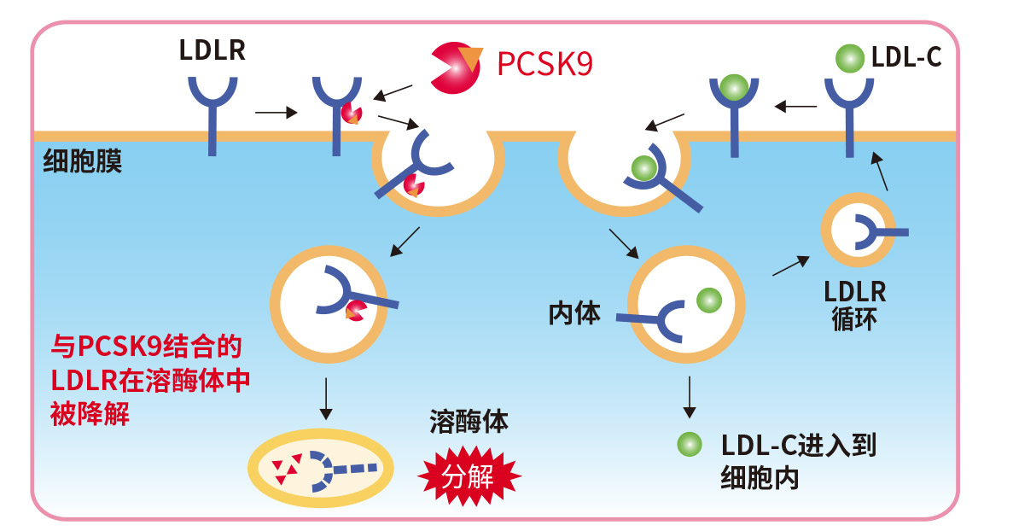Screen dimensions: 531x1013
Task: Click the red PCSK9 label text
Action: (544, 64)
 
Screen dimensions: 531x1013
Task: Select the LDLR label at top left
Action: (212, 50)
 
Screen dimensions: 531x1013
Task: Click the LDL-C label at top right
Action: (906, 58)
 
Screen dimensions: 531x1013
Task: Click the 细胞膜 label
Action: (83, 160)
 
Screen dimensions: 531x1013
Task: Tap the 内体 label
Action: (574, 313)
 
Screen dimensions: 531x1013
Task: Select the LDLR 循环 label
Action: (854, 305)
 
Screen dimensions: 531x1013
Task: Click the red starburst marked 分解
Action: (469, 476)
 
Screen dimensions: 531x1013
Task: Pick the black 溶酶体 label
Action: (469, 423)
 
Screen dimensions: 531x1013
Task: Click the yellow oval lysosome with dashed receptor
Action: (321, 468)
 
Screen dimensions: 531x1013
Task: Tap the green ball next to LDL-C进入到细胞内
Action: (689, 445)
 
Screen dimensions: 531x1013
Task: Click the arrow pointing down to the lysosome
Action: (325, 399)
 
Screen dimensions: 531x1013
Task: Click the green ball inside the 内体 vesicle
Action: (708, 300)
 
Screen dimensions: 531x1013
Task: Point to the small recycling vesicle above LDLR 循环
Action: (859, 230)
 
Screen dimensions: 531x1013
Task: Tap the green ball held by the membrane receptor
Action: (732, 86)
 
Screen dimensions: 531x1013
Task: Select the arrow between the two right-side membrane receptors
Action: (794, 107)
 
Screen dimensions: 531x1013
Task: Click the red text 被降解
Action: (90, 415)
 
